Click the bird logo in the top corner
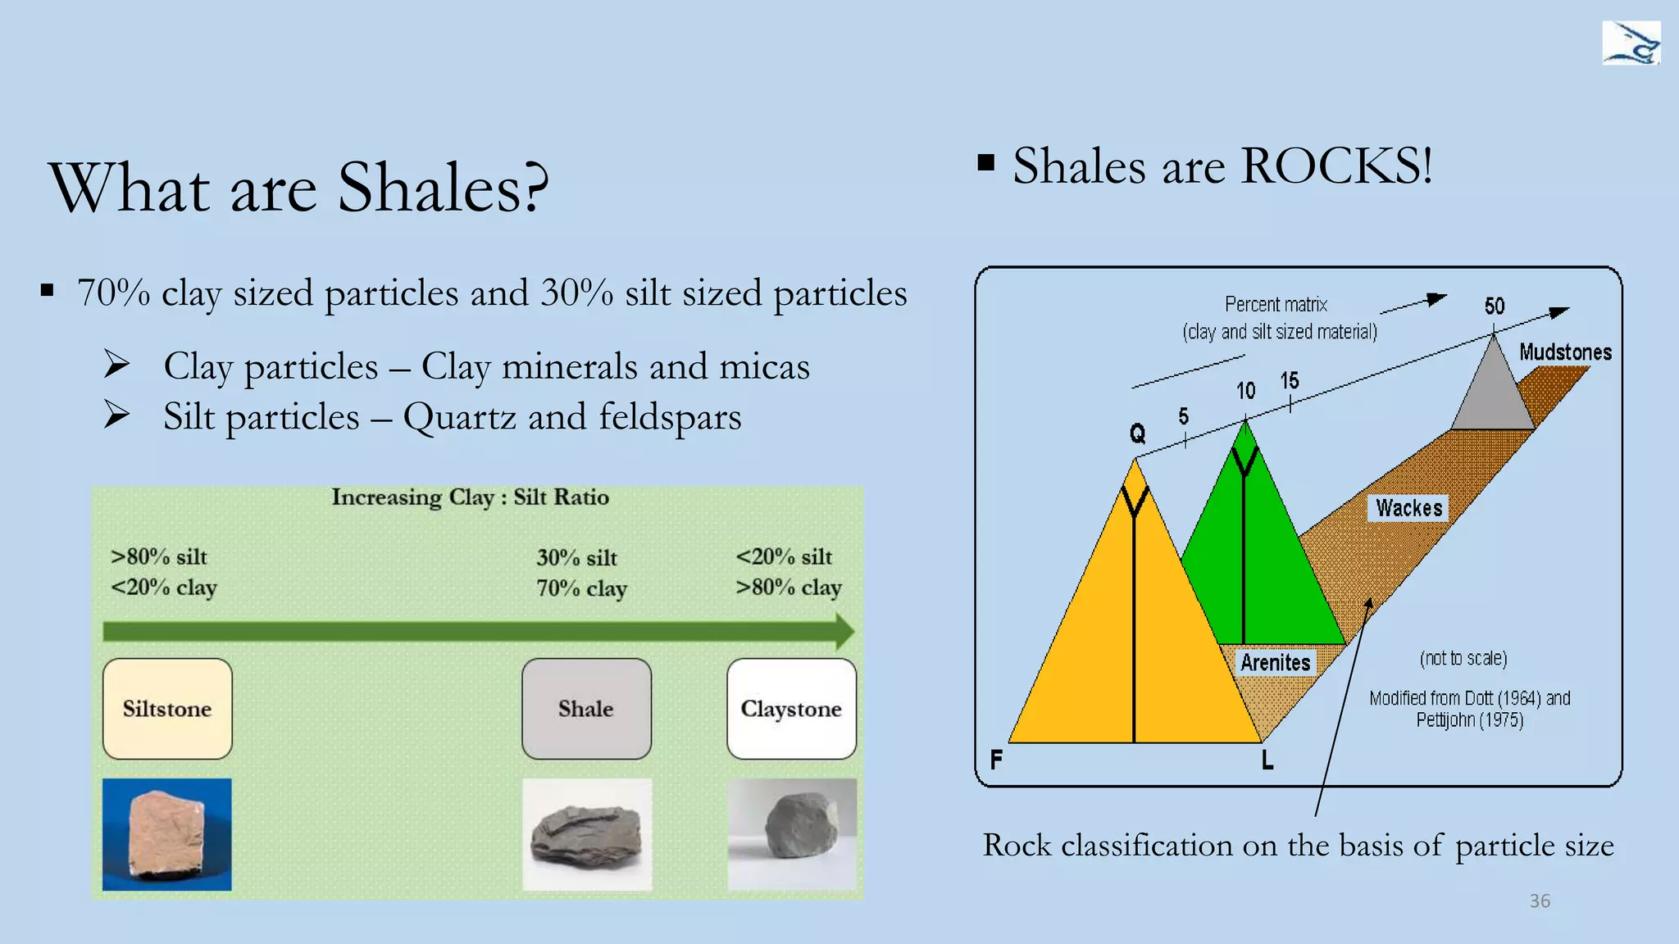pyautogui.click(x=1631, y=43)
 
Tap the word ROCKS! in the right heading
pyautogui.click(x=1336, y=166)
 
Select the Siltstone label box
pyautogui.click(x=167, y=709)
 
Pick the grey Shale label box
pyautogui.click(x=586, y=709)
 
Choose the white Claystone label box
pyautogui.click(x=791, y=709)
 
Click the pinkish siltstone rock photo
pyautogui.click(x=167, y=834)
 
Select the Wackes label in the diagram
pyautogui.click(x=1408, y=508)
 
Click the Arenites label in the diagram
pyautogui.click(x=1275, y=662)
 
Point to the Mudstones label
pyautogui.click(x=1564, y=352)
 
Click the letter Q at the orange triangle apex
pyautogui.click(x=1137, y=433)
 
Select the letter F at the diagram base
pyautogui.click(x=996, y=760)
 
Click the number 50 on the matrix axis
pyautogui.click(x=1494, y=306)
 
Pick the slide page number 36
pyautogui.click(x=1540, y=901)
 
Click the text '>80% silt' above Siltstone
pyautogui.click(x=159, y=557)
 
